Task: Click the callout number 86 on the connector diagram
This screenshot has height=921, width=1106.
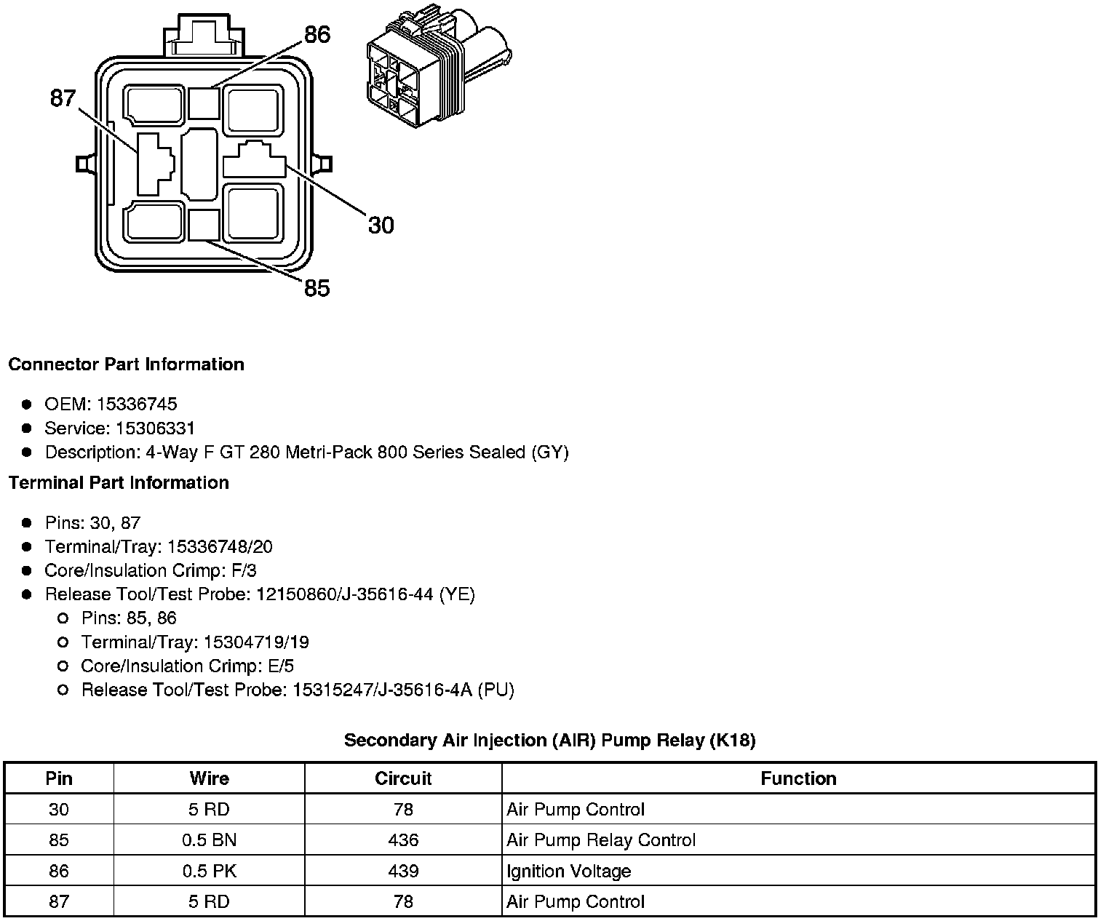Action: pos(317,35)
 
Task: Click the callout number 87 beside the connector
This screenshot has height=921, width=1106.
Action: pos(63,97)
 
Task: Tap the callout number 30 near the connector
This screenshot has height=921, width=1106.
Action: pos(381,226)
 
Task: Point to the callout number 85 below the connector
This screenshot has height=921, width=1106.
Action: pos(317,289)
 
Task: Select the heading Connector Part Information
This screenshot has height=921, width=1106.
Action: pos(126,364)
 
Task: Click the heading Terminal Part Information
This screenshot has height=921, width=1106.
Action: pos(119,483)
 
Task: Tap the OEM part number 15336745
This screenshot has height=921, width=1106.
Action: pos(137,404)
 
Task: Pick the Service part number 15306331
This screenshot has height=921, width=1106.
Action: pos(155,428)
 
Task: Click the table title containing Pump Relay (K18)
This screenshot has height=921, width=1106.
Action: pos(549,741)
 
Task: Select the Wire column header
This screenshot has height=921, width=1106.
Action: pos(209,778)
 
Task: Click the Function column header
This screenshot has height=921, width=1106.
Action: pos(798,778)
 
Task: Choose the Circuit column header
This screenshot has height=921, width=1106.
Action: pos(403,778)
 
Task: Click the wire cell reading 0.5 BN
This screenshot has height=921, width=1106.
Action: pos(209,840)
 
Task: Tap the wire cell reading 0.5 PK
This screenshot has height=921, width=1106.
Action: pos(209,871)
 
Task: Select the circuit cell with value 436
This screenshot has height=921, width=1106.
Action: pos(403,840)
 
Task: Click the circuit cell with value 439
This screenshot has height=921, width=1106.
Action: pos(403,871)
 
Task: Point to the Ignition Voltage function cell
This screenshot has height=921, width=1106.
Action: pos(569,871)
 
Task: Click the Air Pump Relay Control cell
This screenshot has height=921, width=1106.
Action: pos(601,840)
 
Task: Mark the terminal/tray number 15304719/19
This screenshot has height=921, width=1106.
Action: pos(256,642)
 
